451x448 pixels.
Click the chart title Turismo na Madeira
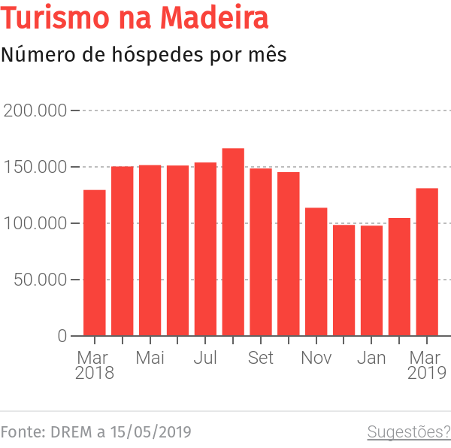135,19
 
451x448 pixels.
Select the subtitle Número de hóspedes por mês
143,55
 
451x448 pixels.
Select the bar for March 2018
95,263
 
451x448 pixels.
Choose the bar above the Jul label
205,250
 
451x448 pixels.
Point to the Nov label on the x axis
316,358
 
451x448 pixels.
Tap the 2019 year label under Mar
427,373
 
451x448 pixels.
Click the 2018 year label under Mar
95,373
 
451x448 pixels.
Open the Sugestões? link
408,432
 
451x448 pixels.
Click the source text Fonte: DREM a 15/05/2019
95,432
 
